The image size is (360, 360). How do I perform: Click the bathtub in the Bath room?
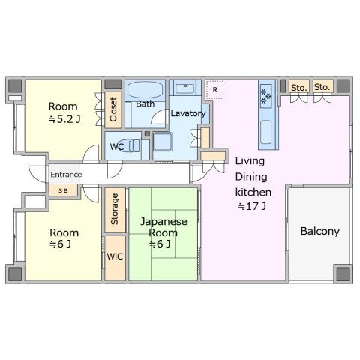[145, 90]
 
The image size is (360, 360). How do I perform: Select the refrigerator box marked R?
[214, 90]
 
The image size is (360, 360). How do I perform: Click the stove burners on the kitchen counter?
[265, 96]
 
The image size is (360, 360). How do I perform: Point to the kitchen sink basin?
[265, 132]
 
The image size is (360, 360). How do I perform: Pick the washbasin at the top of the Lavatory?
[185, 88]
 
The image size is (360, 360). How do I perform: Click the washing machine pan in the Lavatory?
[163, 142]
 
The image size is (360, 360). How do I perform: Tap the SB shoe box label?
[63, 191]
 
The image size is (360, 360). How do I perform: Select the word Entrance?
[66, 175]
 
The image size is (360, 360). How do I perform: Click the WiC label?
[115, 256]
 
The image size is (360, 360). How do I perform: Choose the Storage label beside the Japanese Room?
[115, 209]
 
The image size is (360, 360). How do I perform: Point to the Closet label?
[113, 109]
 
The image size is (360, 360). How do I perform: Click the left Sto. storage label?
[298, 88]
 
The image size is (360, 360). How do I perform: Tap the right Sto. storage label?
[322, 87]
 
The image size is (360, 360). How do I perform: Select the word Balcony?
[320, 231]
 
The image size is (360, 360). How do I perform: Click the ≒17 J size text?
[252, 206]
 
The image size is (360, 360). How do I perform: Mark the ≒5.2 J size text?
[64, 119]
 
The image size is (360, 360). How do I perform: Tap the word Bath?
[145, 103]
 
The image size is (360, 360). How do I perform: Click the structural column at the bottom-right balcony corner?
[343, 274]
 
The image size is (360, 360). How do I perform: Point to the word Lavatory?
[188, 114]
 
